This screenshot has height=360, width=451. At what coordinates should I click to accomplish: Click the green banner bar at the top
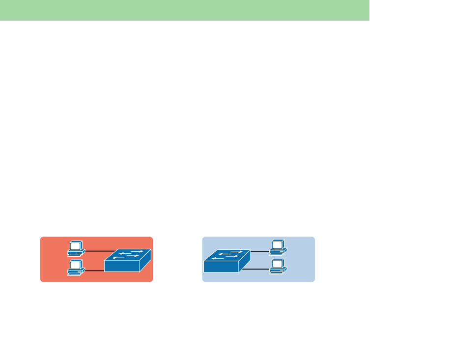[184, 10]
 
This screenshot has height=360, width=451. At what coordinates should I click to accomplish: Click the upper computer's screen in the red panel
[76, 244]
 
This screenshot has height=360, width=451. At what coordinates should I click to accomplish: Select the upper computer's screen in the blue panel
[277, 244]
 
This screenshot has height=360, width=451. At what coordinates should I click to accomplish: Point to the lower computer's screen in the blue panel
[277, 263]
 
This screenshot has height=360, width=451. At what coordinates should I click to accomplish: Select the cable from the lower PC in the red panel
[94, 270]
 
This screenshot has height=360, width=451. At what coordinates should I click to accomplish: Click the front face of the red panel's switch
[122, 266]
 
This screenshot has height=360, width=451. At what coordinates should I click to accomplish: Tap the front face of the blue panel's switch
[221, 266]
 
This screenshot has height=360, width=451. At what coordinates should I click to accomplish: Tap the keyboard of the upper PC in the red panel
[75, 254]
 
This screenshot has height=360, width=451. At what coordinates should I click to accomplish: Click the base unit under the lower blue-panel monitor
[278, 269]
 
